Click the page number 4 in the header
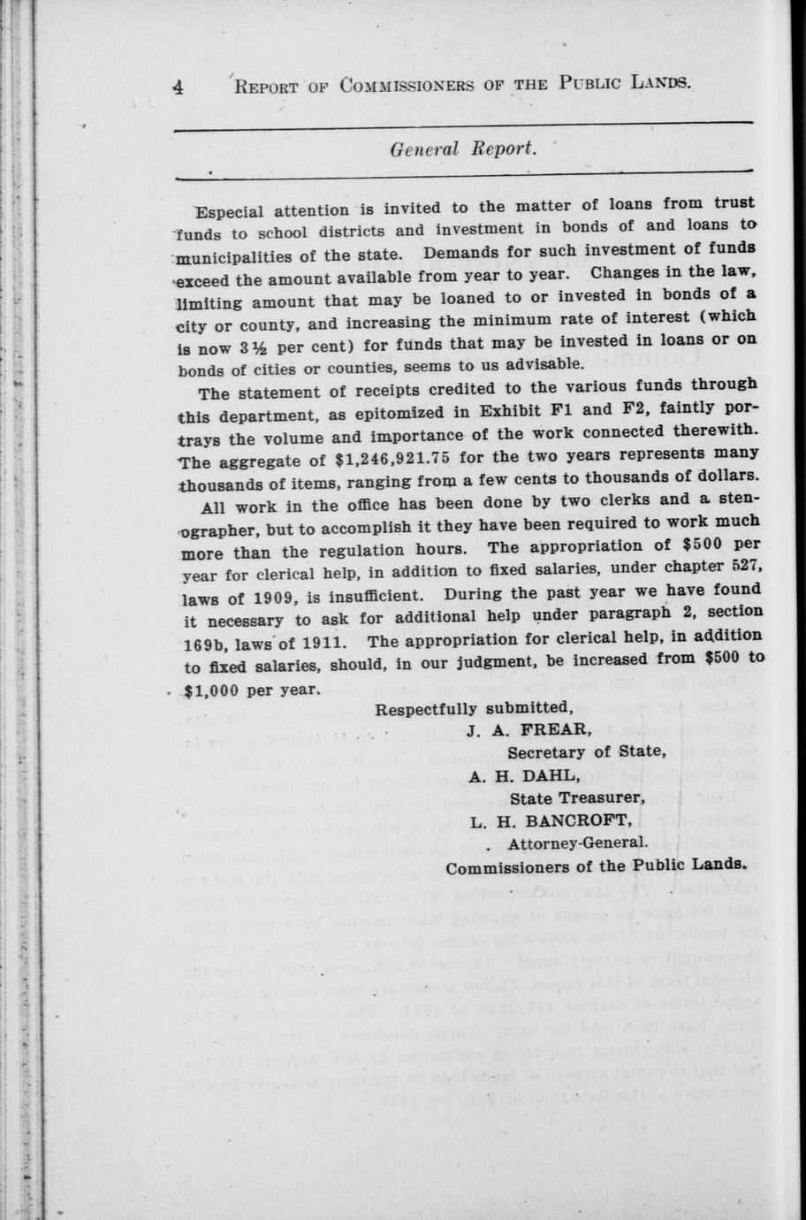[x=179, y=87]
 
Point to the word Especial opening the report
[x=233, y=211]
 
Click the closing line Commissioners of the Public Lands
[x=597, y=866]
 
